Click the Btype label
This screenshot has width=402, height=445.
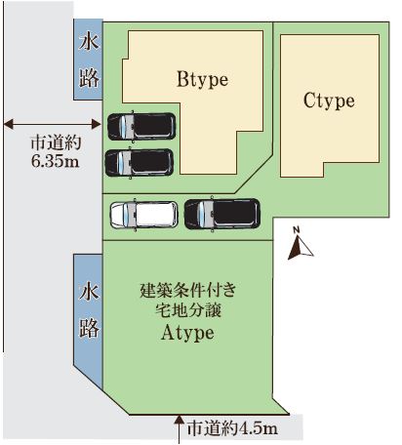click(x=202, y=80)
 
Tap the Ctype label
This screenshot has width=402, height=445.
click(x=329, y=101)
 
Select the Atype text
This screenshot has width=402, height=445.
click(x=187, y=333)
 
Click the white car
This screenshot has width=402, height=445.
click(x=144, y=215)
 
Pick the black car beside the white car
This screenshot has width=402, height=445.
click(x=222, y=214)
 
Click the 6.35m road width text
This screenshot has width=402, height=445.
click(x=56, y=160)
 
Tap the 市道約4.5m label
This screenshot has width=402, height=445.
click(x=233, y=428)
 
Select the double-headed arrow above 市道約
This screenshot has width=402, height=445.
click(x=52, y=124)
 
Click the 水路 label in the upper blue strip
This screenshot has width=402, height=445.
click(x=89, y=61)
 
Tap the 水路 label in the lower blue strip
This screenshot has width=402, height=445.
click(x=89, y=310)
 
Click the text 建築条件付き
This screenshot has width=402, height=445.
click(x=188, y=290)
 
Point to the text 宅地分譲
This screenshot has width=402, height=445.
click(x=188, y=310)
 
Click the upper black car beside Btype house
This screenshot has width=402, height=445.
click(x=141, y=126)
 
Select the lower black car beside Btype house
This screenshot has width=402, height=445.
click(x=140, y=163)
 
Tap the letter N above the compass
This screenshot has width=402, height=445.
click(x=296, y=230)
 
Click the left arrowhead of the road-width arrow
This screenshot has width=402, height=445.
click(x=8, y=124)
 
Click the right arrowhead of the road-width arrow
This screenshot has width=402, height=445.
click(x=97, y=124)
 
